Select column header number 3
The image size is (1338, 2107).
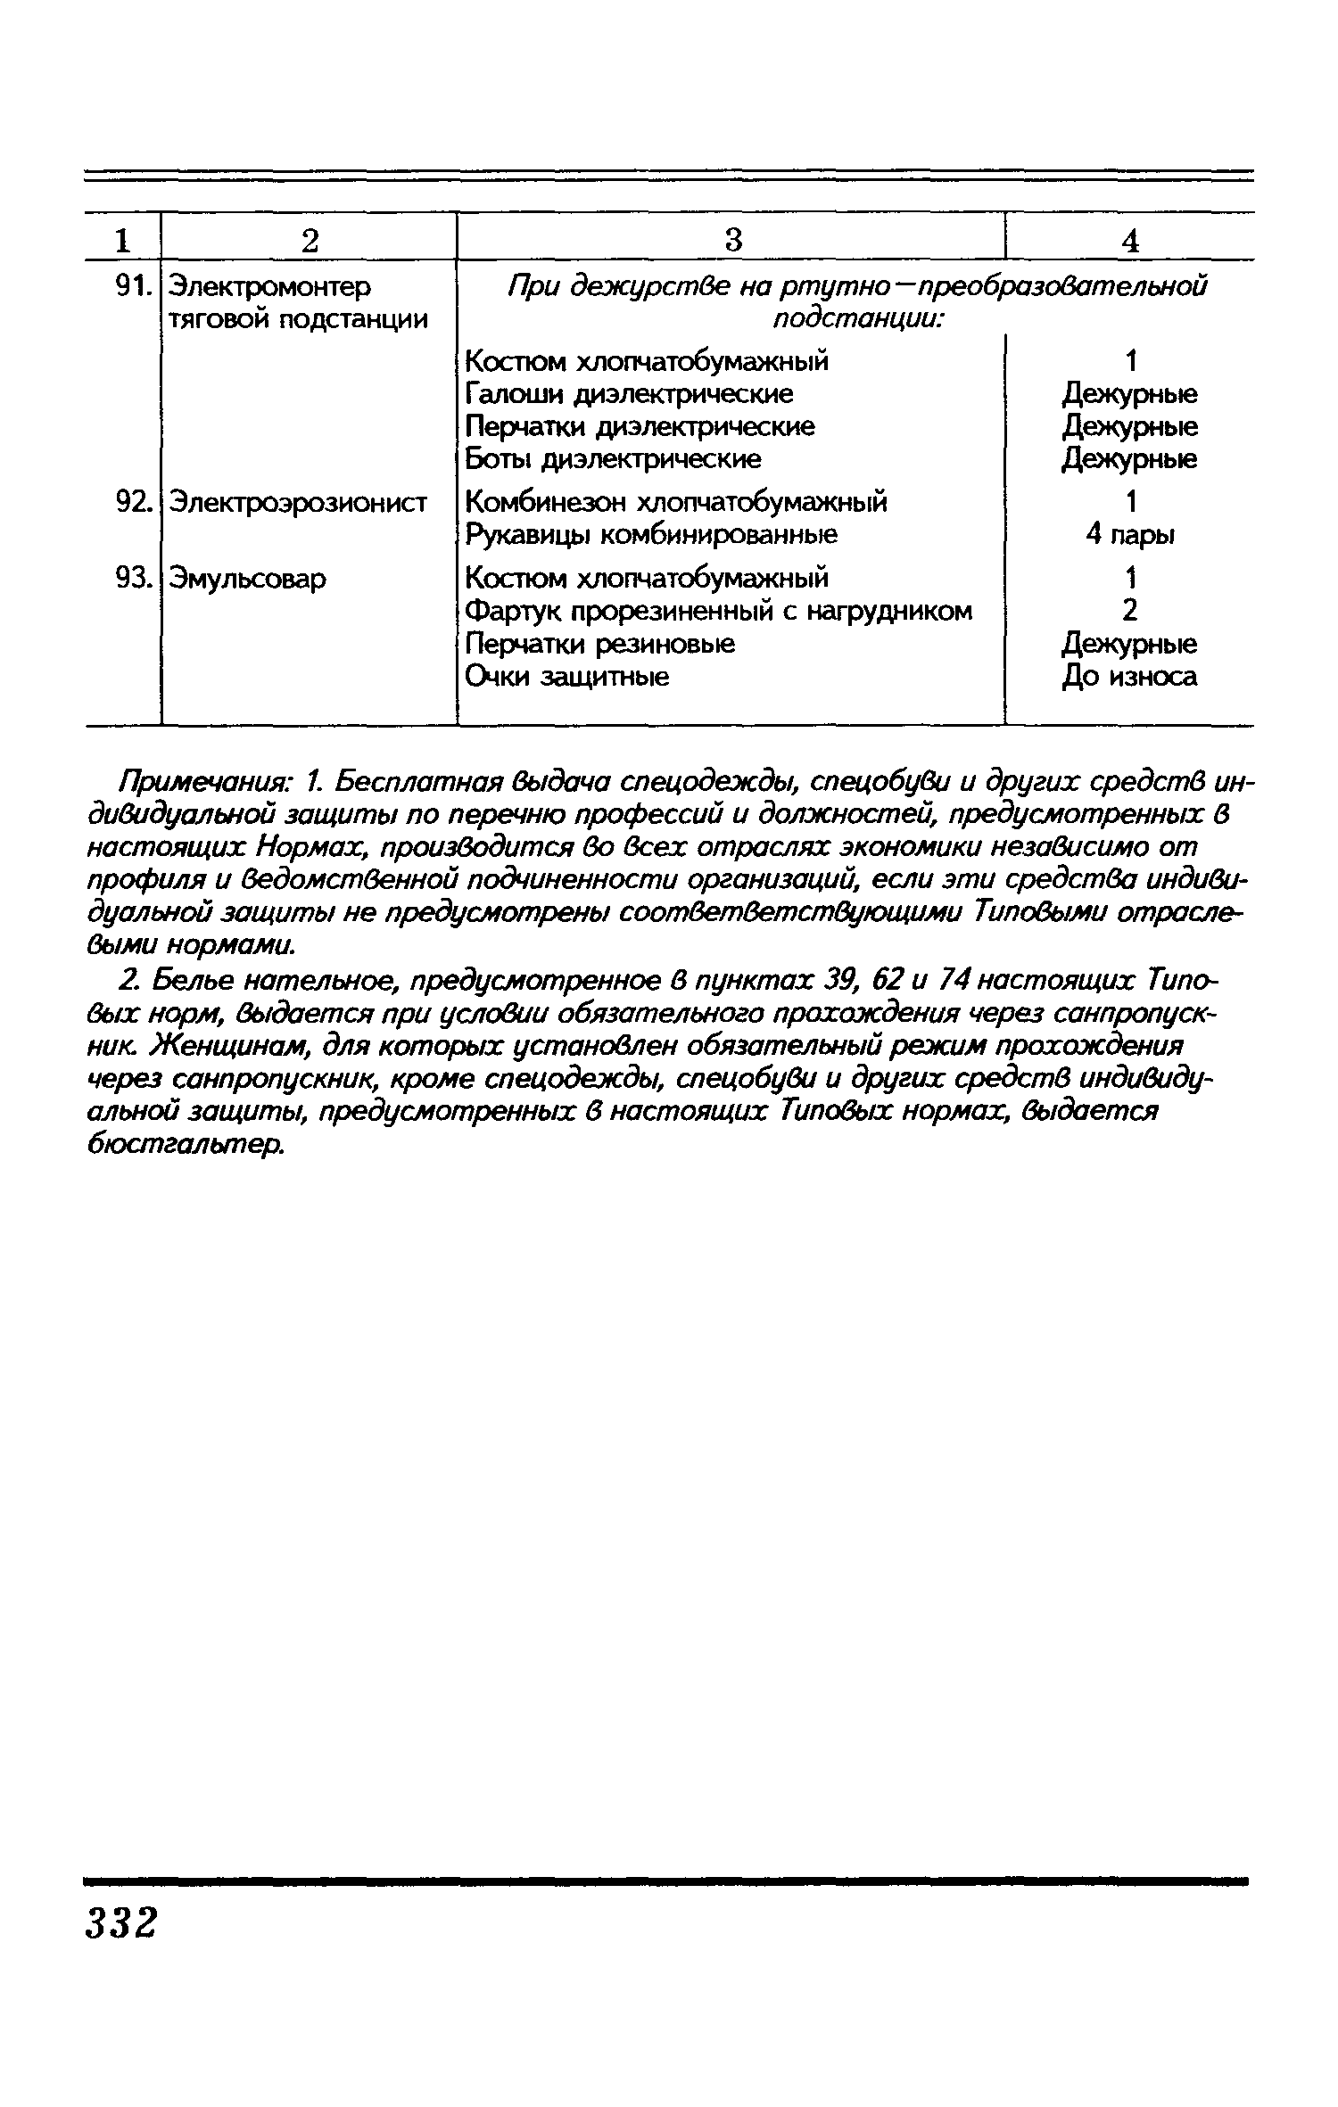point(732,239)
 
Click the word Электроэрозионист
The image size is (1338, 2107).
point(299,502)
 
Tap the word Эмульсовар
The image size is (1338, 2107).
point(248,579)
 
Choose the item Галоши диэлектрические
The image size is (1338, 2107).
point(630,393)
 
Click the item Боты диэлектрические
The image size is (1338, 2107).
point(614,459)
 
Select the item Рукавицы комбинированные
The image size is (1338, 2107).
point(652,534)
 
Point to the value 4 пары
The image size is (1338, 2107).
point(1129,535)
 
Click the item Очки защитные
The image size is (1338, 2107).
point(567,677)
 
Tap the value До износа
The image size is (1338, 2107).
point(1129,678)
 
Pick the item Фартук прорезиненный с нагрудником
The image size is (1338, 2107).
point(719,611)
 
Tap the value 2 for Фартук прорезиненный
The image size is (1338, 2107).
point(1129,611)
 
